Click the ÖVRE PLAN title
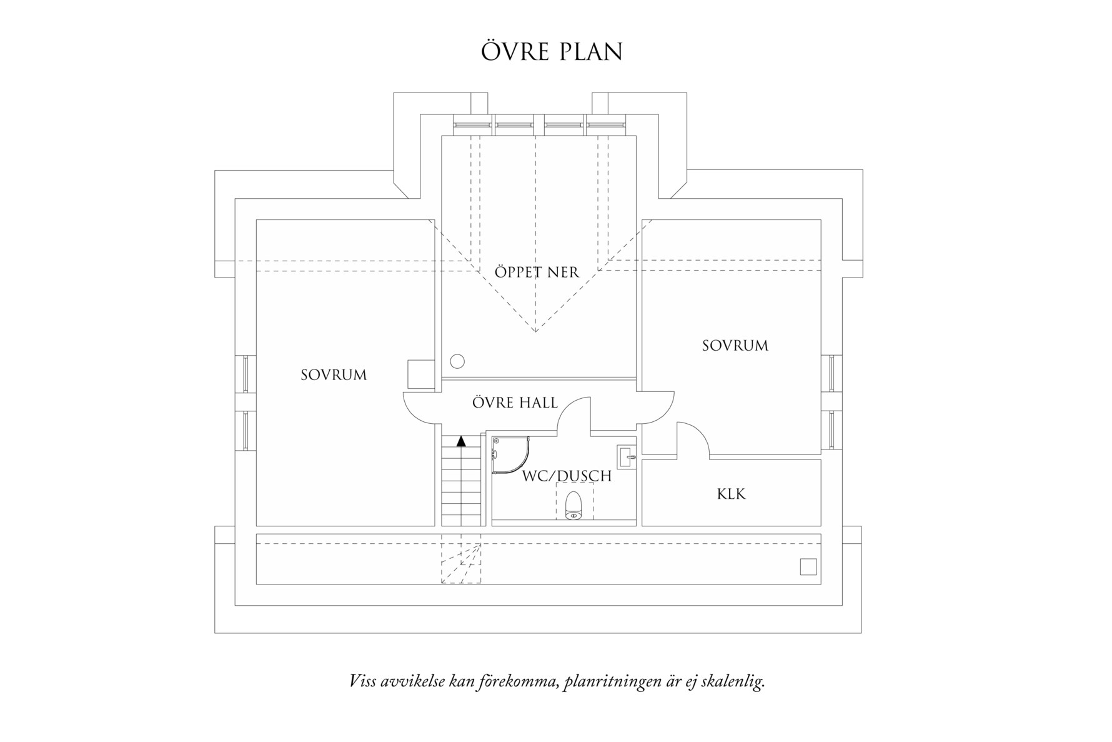[x=552, y=53]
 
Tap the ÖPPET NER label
[x=537, y=273]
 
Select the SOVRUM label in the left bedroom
[x=334, y=375]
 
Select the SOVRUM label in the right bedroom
[x=735, y=346]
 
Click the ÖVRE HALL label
[x=515, y=403]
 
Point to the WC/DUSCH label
[x=567, y=476]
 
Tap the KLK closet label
[x=731, y=494]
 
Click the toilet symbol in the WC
[x=573, y=506]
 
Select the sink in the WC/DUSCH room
[x=626, y=457]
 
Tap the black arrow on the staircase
[x=461, y=441]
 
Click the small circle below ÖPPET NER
[x=457, y=361]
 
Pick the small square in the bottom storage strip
[x=808, y=566]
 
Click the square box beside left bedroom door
[x=421, y=375]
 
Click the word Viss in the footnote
[x=364, y=681]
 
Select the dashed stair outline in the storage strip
[x=461, y=561]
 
